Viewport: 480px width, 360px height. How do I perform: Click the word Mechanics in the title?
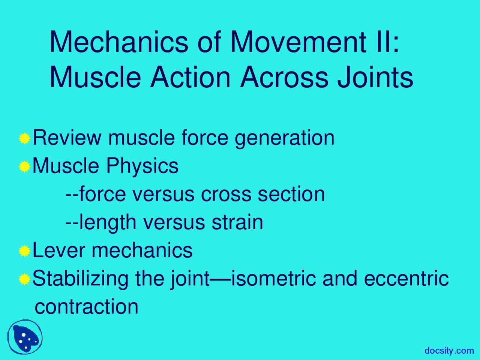(x=118, y=42)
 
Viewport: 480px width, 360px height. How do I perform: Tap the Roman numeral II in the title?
(x=382, y=42)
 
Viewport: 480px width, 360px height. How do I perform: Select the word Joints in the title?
(x=375, y=78)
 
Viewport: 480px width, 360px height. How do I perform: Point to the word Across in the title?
(x=285, y=78)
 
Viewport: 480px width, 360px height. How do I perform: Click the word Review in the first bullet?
(x=67, y=138)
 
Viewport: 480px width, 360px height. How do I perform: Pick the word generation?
(x=284, y=138)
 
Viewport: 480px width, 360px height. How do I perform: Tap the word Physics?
(x=142, y=166)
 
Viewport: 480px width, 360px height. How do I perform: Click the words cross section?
(x=262, y=194)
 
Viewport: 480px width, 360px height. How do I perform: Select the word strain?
(x=237, y=222)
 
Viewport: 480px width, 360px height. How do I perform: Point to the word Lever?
(x=58, y=250)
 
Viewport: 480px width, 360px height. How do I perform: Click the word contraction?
(x=86, y=307)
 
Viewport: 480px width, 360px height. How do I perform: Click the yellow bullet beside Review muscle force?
(x=24, y=138)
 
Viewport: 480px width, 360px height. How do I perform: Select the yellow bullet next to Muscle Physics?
(x=24, y=166)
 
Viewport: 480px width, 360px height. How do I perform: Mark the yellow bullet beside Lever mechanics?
(x=24, y=251)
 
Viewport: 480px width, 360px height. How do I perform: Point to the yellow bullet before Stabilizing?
(x=24, y=279)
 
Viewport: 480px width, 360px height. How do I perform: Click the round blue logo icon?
(x=25, y=337)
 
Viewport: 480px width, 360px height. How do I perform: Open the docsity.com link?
(x=449, y=351)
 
